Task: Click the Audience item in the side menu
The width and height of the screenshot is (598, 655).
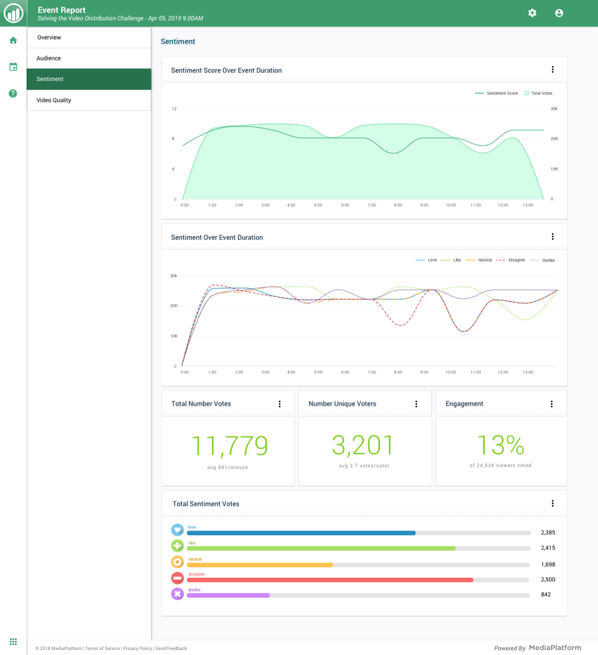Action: pos(49,59)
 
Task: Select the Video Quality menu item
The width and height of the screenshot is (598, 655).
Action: pos(54,100)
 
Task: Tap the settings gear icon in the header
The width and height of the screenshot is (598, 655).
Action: pos(532,13)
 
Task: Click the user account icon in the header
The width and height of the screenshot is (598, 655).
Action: pos(559,13)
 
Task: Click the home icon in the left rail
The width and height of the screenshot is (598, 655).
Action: pos(13,41)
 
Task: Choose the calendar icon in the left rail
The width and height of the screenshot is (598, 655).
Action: pos(13,67)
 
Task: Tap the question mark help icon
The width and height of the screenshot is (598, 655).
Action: pos(13,93)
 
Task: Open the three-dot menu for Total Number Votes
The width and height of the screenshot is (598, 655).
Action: pos(280,404)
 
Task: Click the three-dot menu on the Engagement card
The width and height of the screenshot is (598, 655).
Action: pos(551,404)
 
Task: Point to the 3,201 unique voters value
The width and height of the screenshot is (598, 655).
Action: pos(363,446)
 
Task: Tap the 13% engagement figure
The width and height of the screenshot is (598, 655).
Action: pos(501,446)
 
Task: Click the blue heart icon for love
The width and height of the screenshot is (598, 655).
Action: pos(178,530)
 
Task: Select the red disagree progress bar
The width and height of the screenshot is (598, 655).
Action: pos(330,580)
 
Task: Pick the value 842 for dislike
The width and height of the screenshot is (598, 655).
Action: pos(546,595)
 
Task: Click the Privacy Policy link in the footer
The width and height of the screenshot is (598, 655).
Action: pos(138,649)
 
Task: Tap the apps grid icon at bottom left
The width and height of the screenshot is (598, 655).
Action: pos(13,641)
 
